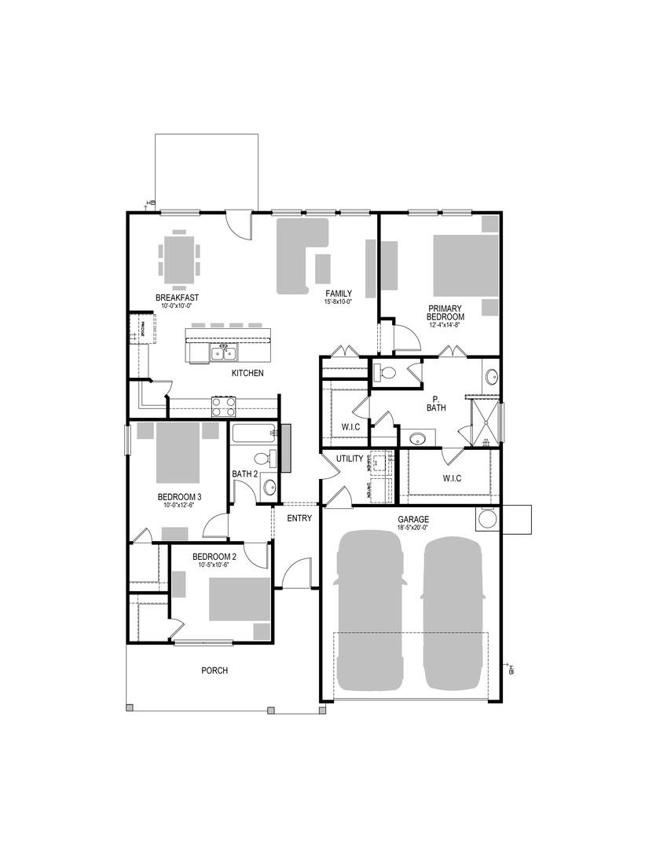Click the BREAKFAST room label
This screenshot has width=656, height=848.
coord(176,298)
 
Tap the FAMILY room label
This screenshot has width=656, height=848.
coord(339,293)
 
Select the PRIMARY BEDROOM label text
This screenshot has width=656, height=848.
coord(445,313)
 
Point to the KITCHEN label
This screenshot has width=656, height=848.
coord(247,373)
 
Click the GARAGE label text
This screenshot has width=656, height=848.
coord(412,519)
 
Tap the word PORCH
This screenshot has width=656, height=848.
coord(214,670)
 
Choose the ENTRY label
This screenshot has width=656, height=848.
coord(299,517)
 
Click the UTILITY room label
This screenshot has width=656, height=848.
coord(349,458)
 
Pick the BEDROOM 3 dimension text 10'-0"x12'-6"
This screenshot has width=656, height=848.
coord(179,506)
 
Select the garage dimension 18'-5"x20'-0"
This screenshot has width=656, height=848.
coord(412,528)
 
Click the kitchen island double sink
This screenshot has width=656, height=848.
coord(222,354)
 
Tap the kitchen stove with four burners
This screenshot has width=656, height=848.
coord(223,406)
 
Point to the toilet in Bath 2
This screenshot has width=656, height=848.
coord(262,459)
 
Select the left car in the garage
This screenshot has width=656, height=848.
coord(370,609)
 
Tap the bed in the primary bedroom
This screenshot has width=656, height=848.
coord(465,265)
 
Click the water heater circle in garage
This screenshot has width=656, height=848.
coord(487,519)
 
